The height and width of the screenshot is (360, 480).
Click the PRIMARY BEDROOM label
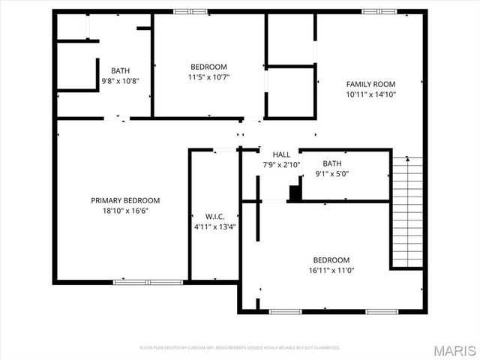tap(125, 200)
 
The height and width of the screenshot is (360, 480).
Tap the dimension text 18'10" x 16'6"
tap(125, 211)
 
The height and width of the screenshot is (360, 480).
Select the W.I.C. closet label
tap(215, 216)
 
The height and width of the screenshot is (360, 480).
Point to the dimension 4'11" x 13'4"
tap(215, 226)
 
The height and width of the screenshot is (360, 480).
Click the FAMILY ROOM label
tap(370, 84)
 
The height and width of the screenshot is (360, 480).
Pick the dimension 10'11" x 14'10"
tap(370, 94)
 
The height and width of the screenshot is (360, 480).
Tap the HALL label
tap(281, 154)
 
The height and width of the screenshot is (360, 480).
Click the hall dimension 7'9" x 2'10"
tap(281, 164)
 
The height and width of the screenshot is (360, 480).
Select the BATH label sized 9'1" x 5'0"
tap(332, 163)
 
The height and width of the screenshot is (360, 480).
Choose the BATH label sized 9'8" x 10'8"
tap(120, 70)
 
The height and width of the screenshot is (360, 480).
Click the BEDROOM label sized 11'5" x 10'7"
tap(208, 67)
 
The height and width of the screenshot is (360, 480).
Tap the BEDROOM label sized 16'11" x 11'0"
tap(331, 260)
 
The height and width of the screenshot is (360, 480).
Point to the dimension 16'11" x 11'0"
tap(331, 270)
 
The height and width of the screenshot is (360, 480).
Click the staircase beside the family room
tap(407, 212)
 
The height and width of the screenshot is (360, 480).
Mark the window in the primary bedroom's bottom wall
tap(148, 282)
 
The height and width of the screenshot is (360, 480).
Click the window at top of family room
tap(379, 11)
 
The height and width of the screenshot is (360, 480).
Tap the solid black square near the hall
tap(295, 193)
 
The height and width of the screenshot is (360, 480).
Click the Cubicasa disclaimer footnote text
tap(240, 348)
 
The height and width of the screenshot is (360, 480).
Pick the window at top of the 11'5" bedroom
tap(190, 11)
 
